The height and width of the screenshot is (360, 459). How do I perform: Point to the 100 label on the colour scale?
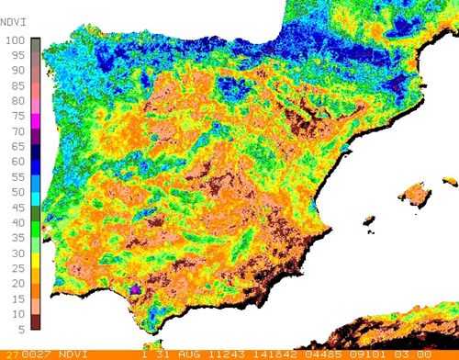[14, 39]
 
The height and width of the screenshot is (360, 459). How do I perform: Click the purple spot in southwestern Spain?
[136, 288]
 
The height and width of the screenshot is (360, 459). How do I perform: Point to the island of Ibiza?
[368, 221]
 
